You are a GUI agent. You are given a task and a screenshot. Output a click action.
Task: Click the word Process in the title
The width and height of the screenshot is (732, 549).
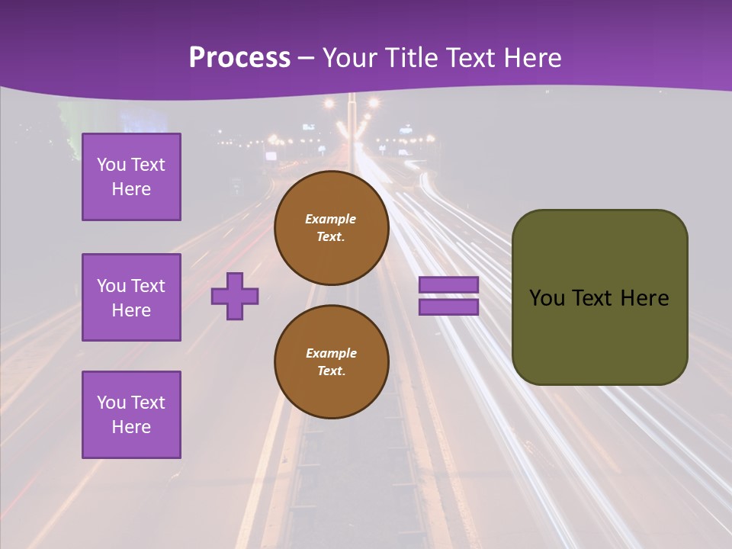[239, 57]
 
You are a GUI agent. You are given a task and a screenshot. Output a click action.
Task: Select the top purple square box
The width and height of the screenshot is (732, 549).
[131, 177]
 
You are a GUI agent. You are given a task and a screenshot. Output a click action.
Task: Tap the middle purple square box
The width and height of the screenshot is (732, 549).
[131, 297]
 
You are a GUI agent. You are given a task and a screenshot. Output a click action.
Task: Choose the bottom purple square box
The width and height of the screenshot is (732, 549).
[131, 415]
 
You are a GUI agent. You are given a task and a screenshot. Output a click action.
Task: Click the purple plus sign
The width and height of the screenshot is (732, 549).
[235, 296]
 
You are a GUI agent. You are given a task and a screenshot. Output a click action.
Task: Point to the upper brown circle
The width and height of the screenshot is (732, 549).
[331, 228]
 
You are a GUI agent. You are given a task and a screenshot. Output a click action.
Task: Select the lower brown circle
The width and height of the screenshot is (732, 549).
[331, 362]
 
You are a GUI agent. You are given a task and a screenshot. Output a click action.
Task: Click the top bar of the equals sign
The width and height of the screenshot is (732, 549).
[448, 285]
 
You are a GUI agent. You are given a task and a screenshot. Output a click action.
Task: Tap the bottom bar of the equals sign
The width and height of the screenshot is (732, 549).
[448, 307]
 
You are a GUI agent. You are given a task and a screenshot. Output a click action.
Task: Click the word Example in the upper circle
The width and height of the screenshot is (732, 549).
[331, 219]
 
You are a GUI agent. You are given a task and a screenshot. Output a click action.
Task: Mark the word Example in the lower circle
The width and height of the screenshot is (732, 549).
[331, 353]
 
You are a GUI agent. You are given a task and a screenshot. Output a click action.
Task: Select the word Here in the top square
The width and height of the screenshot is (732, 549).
[131, 189]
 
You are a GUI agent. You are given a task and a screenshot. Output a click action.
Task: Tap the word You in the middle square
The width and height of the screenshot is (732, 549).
[110, 286]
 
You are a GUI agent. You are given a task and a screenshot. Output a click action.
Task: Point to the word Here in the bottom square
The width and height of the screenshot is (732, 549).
[131, 427]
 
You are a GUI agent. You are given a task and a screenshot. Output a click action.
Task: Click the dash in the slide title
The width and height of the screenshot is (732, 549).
[307, 58]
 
